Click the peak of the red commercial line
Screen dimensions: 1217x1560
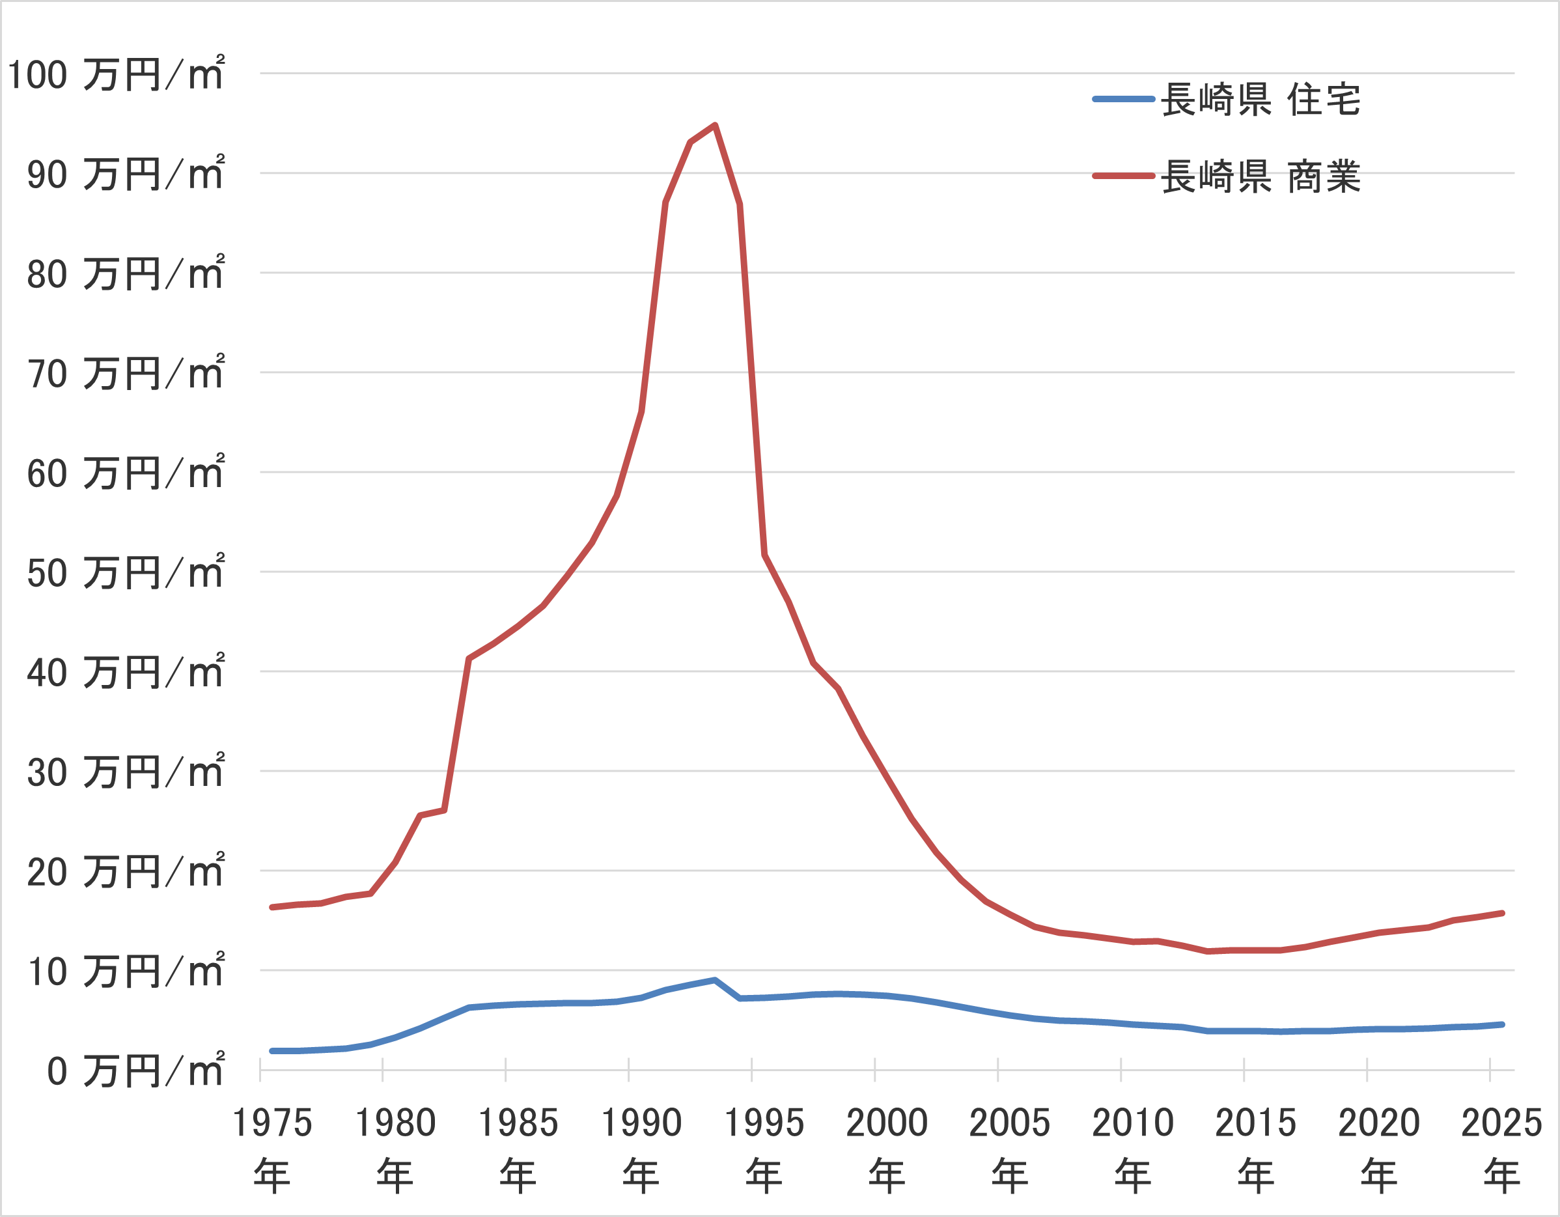click(715, 126)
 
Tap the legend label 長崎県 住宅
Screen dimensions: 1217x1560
click(1261, 99)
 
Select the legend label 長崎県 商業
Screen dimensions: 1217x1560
click(1261, 176)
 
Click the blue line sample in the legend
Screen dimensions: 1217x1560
click(1124, 99)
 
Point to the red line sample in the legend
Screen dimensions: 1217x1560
click(1124, 176)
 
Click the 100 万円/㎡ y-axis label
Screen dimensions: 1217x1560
click(117, 74)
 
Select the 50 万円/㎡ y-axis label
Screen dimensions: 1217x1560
click(126, 572)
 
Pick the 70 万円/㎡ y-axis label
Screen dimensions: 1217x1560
click(126, 373)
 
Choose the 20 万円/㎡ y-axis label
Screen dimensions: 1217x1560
click(126, 871)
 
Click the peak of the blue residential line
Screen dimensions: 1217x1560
click(715, 980)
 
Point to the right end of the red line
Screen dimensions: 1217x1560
click(1503, 914)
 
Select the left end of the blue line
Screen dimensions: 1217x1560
click(272, 1052)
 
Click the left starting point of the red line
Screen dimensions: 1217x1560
click(272, 907)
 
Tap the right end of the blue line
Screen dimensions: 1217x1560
click(1503, 1024)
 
